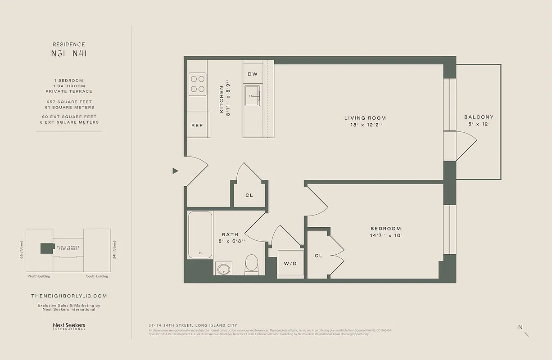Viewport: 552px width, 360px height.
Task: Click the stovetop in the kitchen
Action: [197, 84]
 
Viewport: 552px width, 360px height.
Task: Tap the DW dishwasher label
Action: [253, 74]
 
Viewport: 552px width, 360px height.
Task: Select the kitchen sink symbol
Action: [253, 95]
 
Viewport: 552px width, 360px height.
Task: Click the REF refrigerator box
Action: [197, 126]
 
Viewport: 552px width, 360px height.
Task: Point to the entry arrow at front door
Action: [176, 171]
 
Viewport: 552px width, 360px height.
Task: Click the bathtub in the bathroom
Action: [200, 235]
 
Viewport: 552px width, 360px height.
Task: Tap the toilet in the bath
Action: [251, 265]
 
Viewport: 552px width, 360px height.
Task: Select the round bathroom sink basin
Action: [223, 269]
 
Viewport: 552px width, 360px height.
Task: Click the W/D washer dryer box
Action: [290, 263]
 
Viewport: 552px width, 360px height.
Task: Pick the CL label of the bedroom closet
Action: [319, 256]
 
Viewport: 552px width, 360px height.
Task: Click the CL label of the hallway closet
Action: [249, 195]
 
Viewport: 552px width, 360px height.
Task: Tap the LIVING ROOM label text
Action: [365, 118]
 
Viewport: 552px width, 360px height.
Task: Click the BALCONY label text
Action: [479, 117]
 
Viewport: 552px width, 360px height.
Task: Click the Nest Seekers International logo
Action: [69, 326]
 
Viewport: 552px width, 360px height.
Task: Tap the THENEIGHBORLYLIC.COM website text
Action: [69, 296]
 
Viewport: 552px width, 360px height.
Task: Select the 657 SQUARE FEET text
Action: [69, 102]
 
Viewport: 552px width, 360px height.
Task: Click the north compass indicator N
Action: [521, 328]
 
